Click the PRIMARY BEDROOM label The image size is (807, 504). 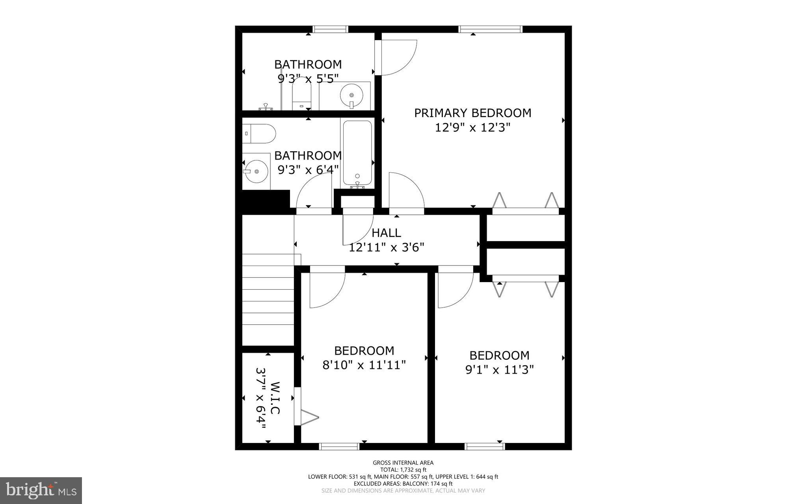pyautogui.click(x=472, y=113)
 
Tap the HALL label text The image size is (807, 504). pyautogui.click(x=386, y=233)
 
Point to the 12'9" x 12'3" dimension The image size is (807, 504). pyautogui.click(x=472, y=128)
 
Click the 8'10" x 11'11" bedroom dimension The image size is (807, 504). pyautogui.click(x=364, y=365)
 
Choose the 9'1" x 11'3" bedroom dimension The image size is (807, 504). pyautogui.click(x=499, y=370)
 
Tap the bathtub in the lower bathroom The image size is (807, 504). pyautogui.click(x=357, y=153)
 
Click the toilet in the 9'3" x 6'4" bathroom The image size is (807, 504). pyautogui.click(x=258, y=134)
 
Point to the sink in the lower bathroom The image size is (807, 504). pyautogui.click(x=255, y=171)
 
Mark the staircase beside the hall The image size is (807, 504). pyautogui.click(x=268, y=299)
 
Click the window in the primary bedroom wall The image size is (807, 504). pyautogui.click(x=490, y=29)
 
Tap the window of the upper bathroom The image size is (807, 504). pyautogui.click(x=331, y=29)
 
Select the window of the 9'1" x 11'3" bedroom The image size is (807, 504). pyautogui.click(x=485, y=446)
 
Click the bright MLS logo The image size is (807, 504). pyautogui.click(x=41, y=491)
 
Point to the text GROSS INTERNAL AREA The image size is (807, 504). pyautogui.click(x=403, y=463)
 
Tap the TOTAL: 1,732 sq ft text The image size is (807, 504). pyautogui.click(x=403, y=470)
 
